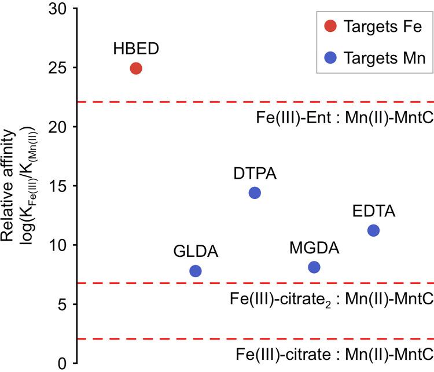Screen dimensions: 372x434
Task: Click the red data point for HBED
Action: click(136, 68)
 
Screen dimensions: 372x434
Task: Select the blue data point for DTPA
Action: click(255, 193)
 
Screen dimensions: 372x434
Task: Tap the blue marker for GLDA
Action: click(196, 271)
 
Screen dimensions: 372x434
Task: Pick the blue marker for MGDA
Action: click(314, 267)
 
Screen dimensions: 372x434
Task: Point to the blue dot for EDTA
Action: click(373, 230)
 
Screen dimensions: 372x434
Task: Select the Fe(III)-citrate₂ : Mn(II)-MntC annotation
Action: click(331, 301)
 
